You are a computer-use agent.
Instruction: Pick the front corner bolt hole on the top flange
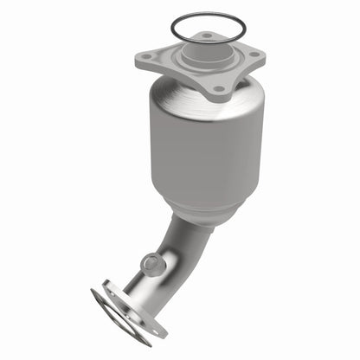pyautogui.click(x=218, y=88)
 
